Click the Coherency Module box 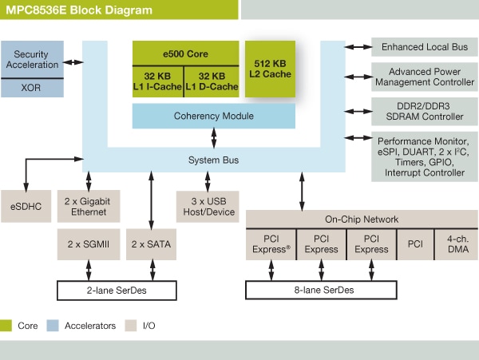tap(213, 117)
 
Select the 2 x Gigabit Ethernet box tap(88, 206)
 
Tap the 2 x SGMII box tap(88, 243)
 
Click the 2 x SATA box tap(151, 243)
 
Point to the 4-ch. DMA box tap(456, 243)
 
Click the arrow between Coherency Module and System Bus tap(214, 137)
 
